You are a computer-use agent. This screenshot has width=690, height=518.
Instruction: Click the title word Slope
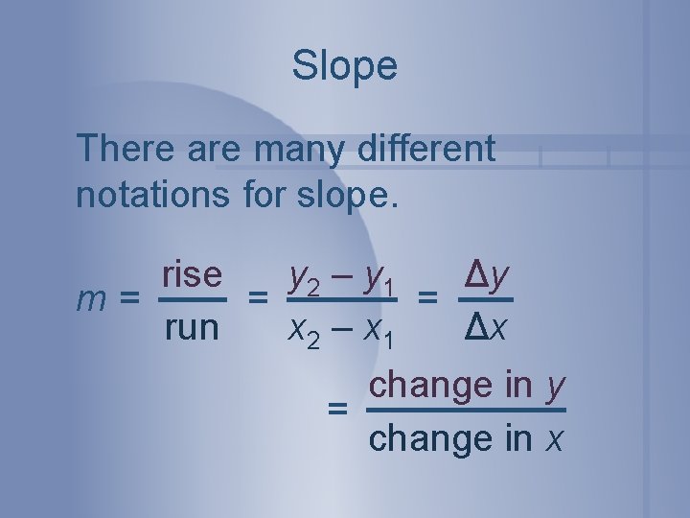point(344,66)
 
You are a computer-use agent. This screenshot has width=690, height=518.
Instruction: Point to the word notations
point(149,194)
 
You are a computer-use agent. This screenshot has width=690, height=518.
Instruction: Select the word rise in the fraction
point(192,275)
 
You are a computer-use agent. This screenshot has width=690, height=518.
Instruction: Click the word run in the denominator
point(191,328)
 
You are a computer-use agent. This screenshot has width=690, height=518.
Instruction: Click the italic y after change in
point(553,386)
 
